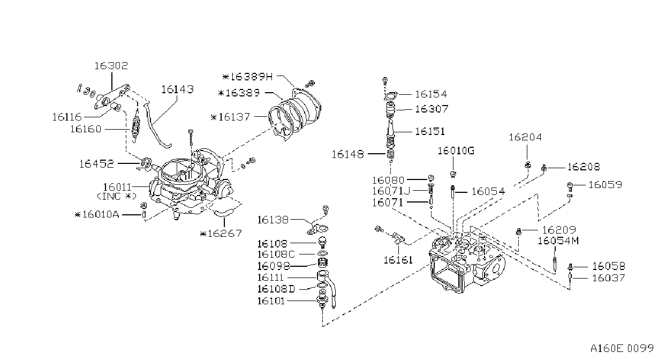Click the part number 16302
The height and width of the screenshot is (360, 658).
coord(111,65)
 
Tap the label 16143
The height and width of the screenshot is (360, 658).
coord(177,89)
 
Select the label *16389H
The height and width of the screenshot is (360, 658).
coord(248,77)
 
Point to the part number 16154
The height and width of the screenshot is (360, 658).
coord(431,94)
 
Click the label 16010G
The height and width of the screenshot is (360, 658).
coord(456,151)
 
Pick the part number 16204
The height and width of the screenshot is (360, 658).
coord(525,137)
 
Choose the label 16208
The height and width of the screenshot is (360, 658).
coord(584,167)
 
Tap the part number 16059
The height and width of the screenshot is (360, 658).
coord(606,185)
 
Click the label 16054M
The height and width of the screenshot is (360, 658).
coord(558,241)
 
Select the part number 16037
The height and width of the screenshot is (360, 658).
coord(608,278)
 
